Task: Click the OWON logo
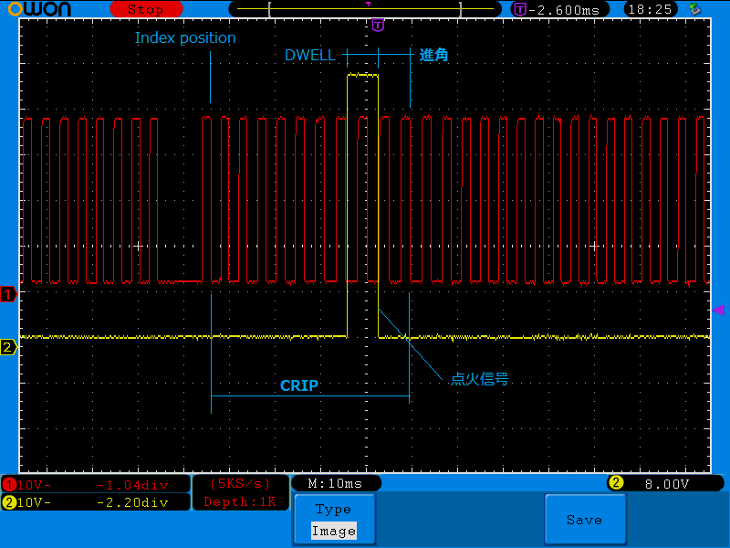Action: point(39,9)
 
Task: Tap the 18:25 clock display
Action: point(650,9)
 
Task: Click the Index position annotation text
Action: point(185,37)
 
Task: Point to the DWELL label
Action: point(309,55)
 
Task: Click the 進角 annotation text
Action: point(433,55)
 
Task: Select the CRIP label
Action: point(299,385)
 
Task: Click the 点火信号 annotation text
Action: point(479,379)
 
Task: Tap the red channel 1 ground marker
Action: point(8,294)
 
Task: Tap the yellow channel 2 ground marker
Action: point(8,347)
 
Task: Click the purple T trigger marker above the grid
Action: point(378,26)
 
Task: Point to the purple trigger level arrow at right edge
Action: point(719,310)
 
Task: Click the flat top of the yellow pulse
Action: point(362,75)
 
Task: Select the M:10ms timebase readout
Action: point(335,484)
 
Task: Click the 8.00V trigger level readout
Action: point(667,484)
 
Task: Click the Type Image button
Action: point(335,520)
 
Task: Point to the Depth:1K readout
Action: point(240,501)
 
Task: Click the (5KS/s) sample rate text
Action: point(240,484)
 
